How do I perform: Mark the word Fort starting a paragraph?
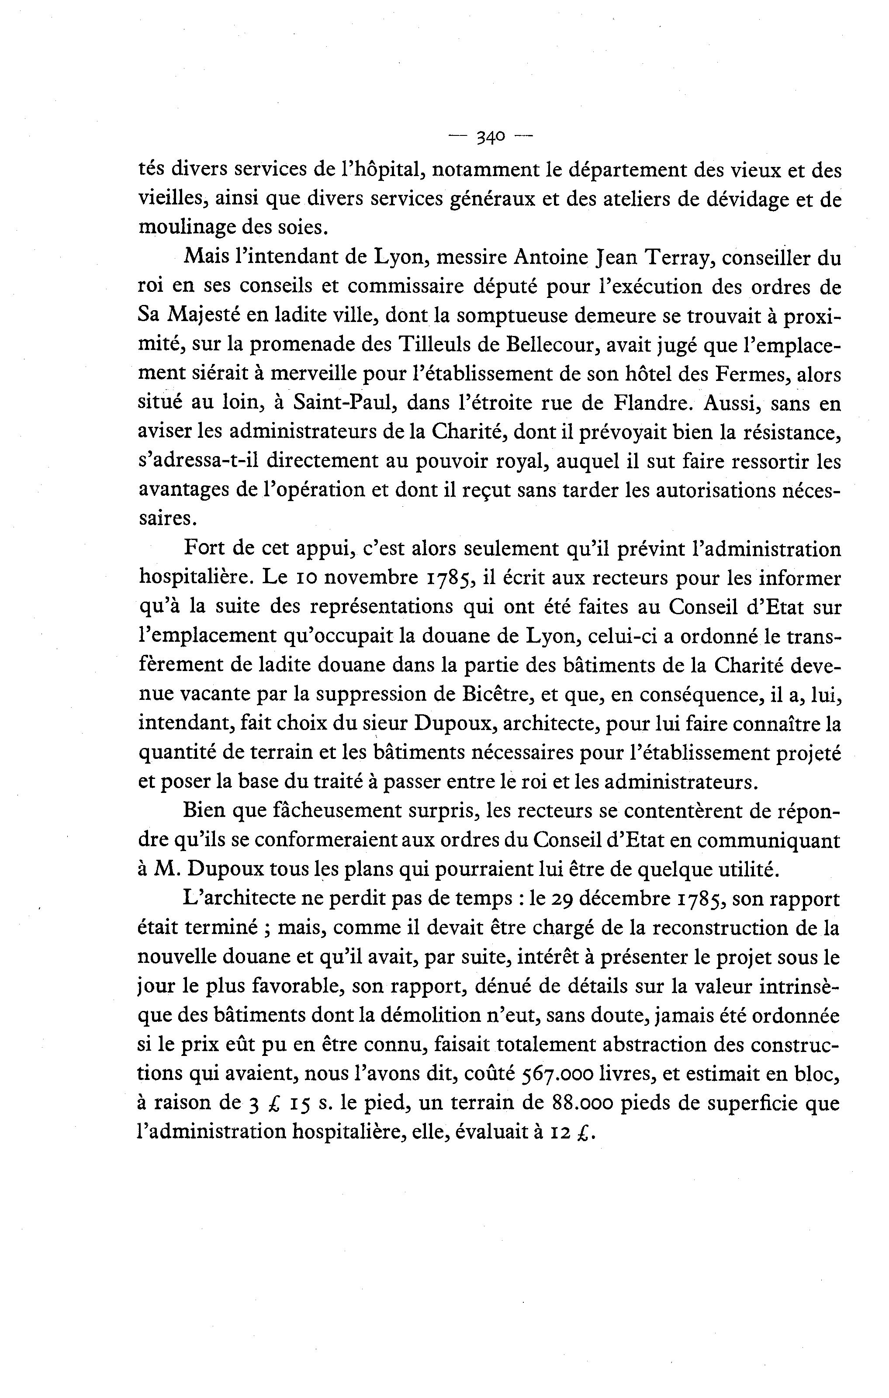(x=204, y=549)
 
